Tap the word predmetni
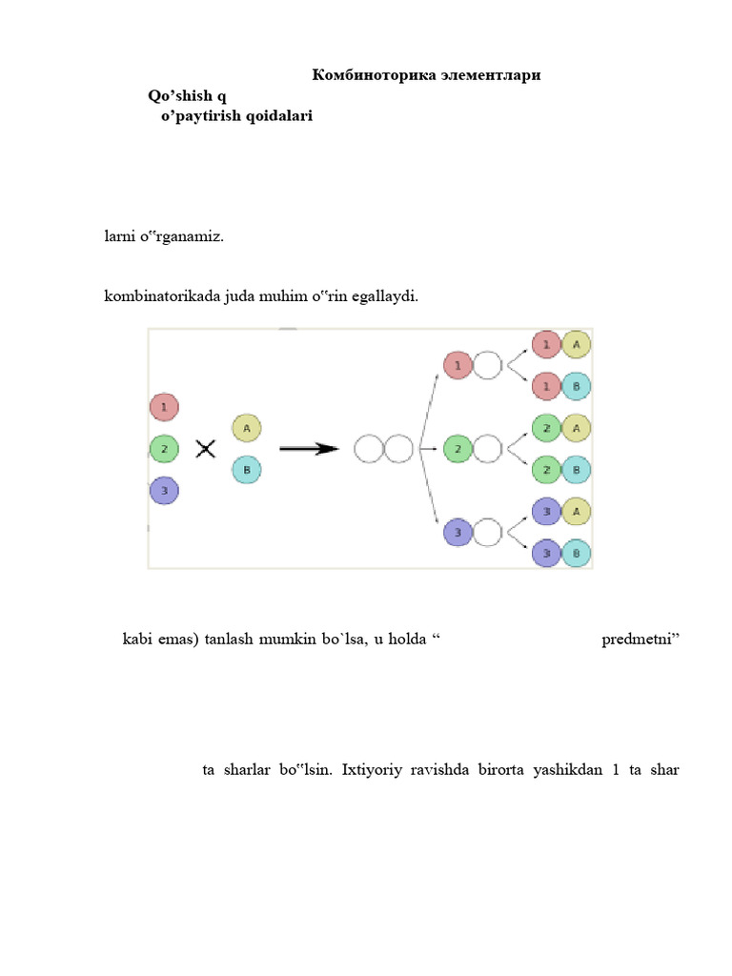tap(640, 639)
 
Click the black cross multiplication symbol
tap(206, 448)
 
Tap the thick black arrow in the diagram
tap(309, 448)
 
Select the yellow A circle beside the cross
tap(246, 428)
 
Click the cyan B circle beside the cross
tap(246, 470)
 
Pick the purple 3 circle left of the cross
tap(164, 491)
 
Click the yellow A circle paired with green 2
tap(577, 429)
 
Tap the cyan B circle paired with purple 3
tap(577, 553)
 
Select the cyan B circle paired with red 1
tap(577, 386)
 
